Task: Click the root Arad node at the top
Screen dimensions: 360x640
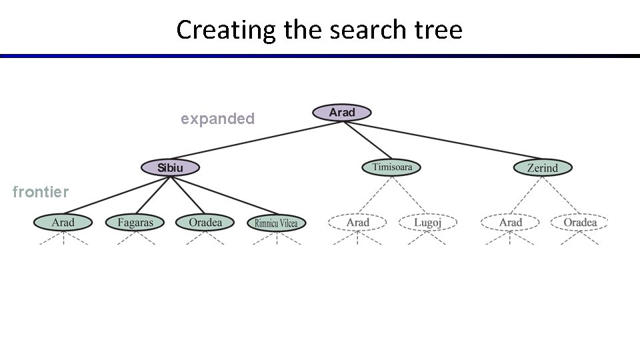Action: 341,113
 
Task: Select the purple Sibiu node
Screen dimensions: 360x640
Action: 170,168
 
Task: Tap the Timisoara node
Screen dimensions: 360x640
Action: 392,167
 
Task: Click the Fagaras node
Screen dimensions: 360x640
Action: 135,222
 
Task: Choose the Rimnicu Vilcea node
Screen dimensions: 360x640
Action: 276,223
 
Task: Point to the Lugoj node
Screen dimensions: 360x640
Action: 427,222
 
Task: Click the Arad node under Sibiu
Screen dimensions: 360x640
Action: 63,222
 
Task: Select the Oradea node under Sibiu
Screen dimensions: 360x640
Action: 205,222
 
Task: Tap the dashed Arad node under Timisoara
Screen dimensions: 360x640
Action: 358,222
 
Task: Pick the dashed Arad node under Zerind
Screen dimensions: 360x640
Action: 511,222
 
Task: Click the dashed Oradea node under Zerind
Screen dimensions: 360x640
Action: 580,222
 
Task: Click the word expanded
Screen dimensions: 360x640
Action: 217,119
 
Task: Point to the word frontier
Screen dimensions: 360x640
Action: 41,193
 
